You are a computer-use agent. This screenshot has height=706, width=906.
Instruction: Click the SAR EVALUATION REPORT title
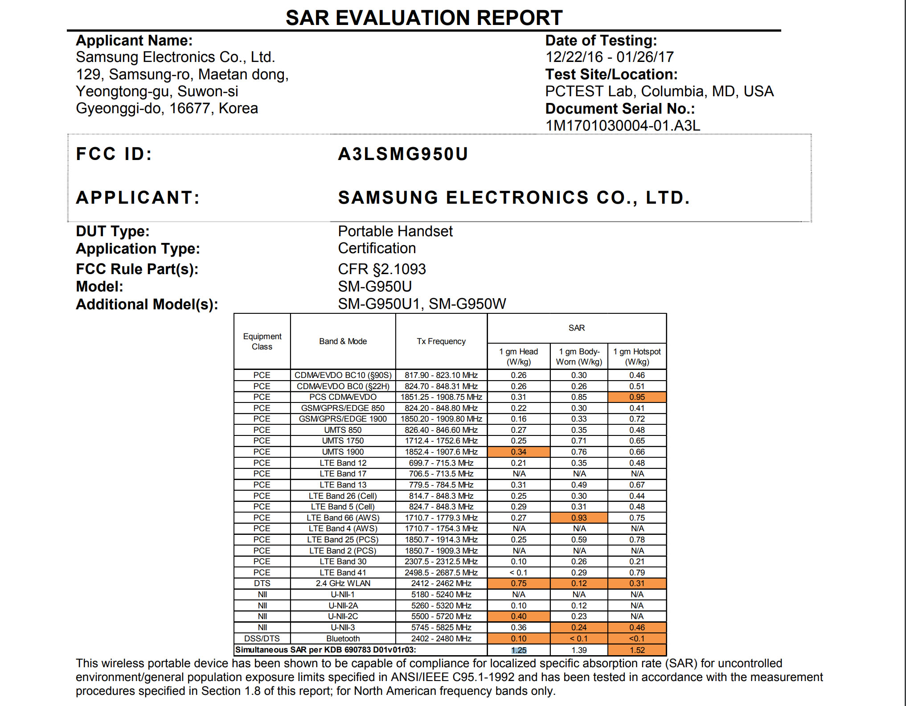(424, 18)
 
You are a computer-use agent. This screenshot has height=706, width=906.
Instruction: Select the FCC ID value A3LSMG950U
(403, 154)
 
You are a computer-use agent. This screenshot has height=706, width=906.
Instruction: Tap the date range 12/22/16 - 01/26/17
(609, 57)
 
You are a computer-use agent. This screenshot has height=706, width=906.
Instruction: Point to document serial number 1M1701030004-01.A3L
(623, 126)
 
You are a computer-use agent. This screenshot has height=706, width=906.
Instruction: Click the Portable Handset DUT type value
(395, 231)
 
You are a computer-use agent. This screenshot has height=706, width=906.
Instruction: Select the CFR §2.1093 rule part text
(381, 269)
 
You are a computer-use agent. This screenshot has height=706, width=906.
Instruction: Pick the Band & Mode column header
(343, 341)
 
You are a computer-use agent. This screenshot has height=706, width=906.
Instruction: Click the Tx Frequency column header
(441, 341)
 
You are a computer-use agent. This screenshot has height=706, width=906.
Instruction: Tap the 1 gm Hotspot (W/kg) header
(637, 357)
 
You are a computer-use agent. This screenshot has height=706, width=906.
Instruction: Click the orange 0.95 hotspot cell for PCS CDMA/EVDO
(637, 397)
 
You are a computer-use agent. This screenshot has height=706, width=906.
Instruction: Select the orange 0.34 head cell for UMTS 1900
(519, 452)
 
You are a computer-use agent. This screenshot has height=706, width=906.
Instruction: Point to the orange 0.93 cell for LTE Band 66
(579, 518)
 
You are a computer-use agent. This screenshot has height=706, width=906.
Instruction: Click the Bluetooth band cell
(343, 639)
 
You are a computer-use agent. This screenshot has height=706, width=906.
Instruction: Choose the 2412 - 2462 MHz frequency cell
(441, 583)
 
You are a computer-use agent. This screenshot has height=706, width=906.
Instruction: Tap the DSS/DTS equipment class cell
(262, 639)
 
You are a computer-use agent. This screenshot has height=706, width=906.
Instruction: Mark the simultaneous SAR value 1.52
(637, 650)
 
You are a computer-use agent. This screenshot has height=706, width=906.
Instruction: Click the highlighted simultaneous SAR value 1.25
(519, 650)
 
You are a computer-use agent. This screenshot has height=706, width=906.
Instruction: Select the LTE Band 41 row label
(343, 573)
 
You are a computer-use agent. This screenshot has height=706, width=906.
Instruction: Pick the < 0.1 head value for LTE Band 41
(519, 573)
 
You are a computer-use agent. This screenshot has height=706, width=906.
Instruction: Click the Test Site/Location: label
(611, 74)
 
